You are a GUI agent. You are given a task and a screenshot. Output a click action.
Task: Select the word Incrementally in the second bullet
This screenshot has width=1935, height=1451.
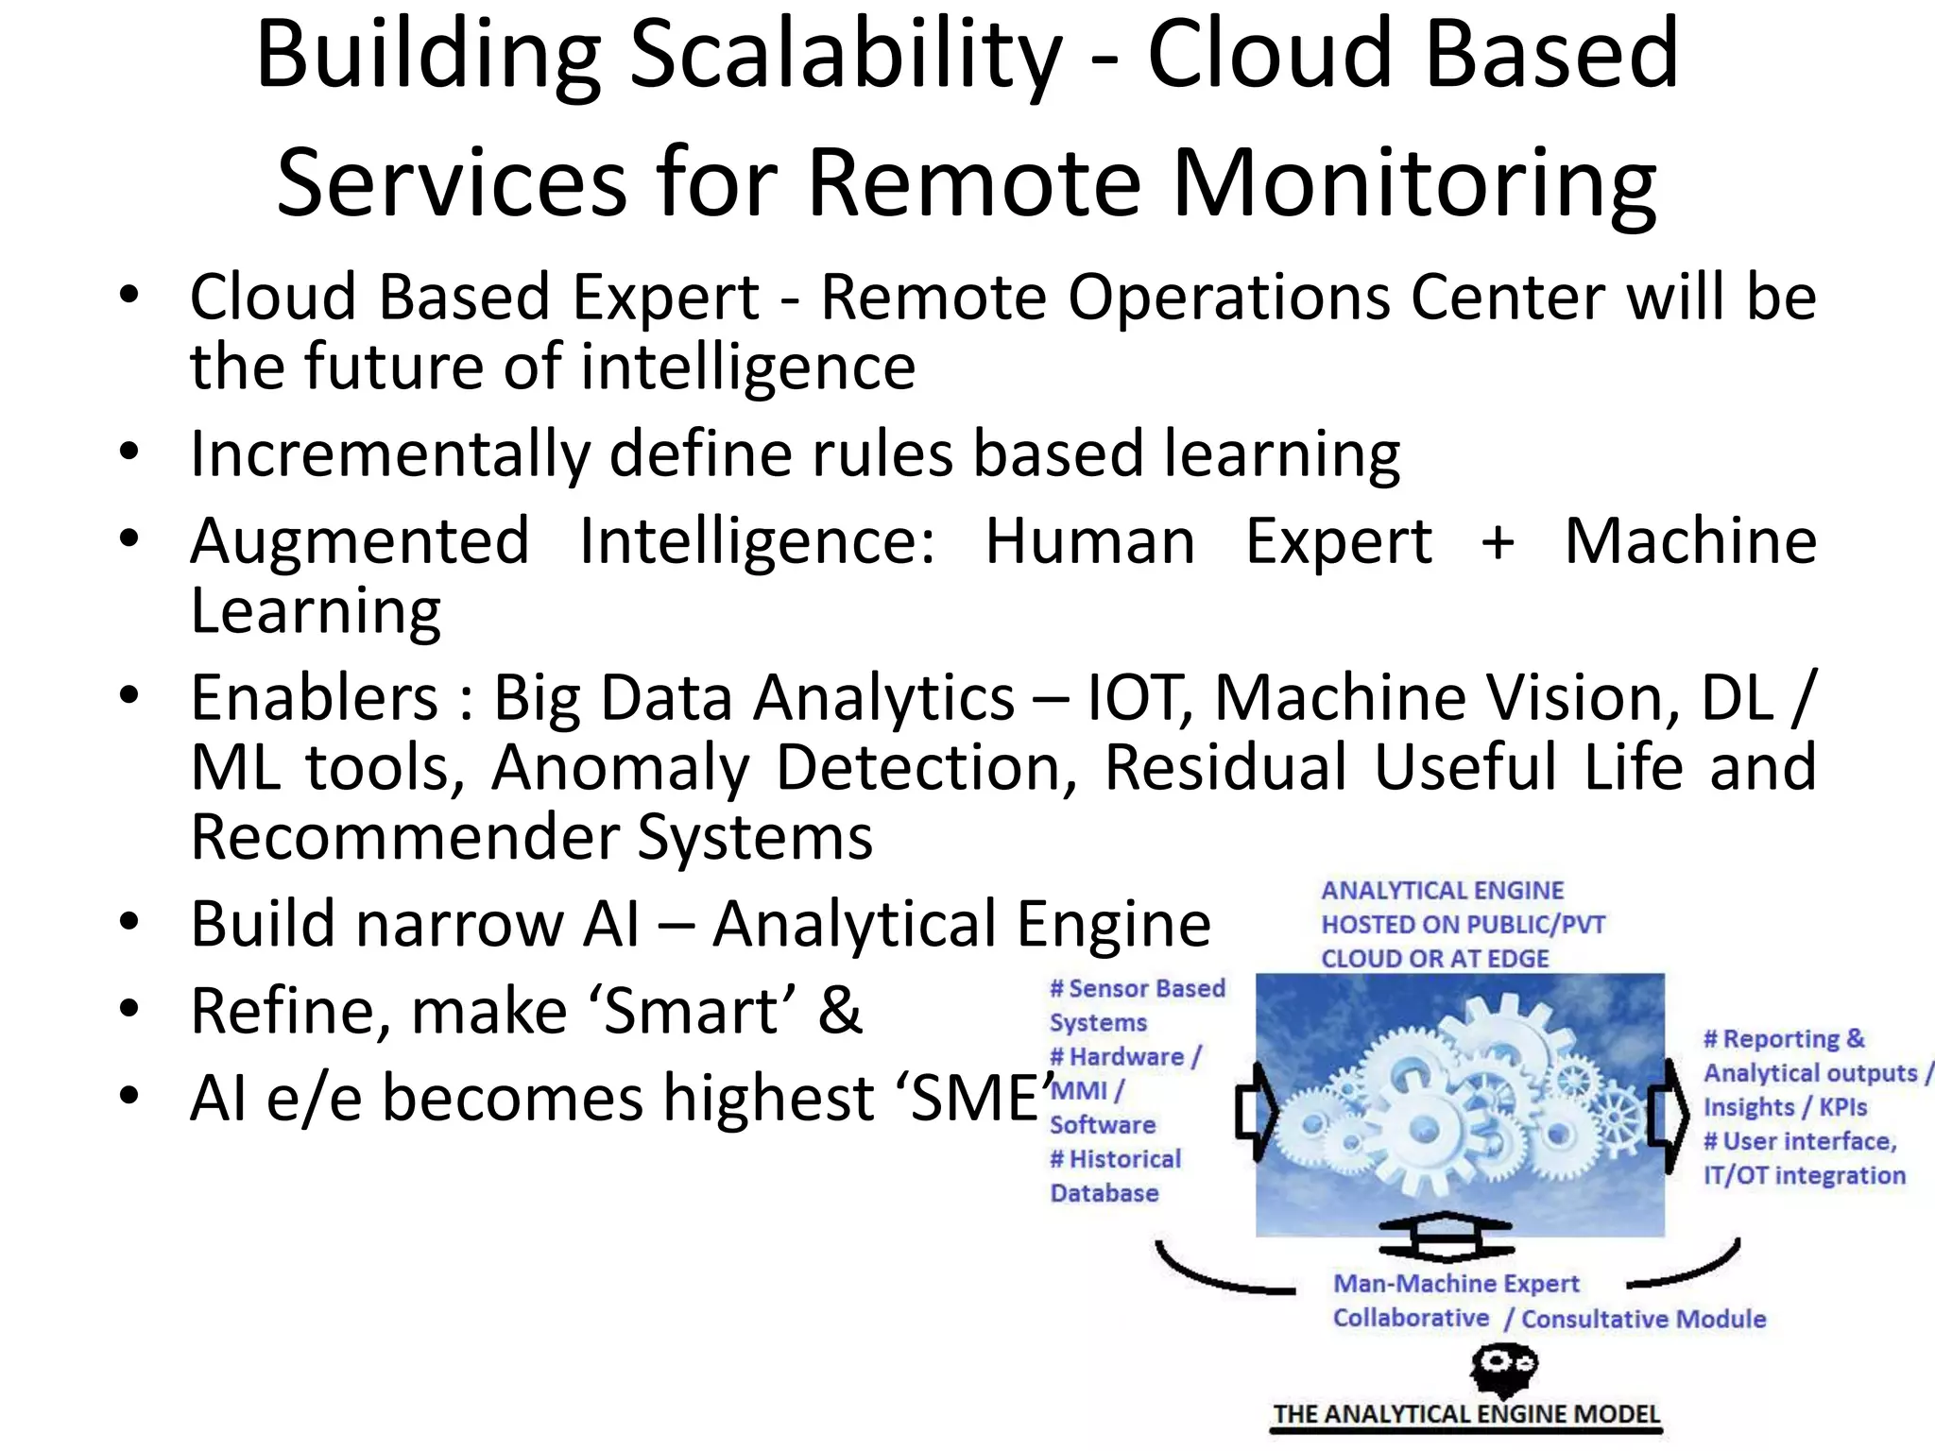click(390, 454)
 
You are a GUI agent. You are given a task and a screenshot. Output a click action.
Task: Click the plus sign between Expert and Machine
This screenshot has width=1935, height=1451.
click(1498, 542)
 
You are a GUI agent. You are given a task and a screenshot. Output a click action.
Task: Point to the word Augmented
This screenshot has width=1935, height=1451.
click(359, 542)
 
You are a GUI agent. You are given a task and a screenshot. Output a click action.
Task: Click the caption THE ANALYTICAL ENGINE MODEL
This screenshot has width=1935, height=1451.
click(1466, 1415)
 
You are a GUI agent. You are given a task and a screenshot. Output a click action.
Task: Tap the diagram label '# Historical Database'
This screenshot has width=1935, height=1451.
click(1115, 1176)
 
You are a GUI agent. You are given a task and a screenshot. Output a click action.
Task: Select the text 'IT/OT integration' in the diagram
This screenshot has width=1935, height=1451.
click(1804, 1176)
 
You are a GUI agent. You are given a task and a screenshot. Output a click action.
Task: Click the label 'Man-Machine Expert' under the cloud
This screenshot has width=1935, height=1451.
click(1456, 1284)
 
